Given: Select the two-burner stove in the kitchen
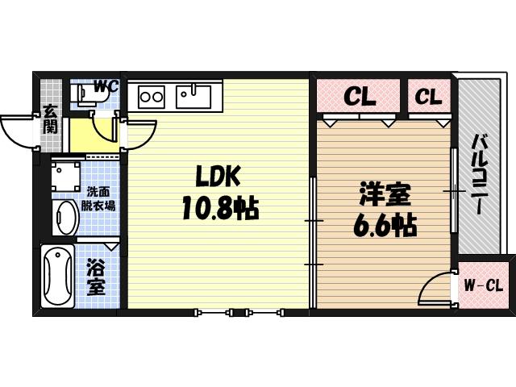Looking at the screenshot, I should [x=150, y=98].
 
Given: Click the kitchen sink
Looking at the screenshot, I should [x=193, y=97].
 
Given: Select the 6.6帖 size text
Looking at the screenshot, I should [x=384, y=227].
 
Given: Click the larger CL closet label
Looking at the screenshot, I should [x=360, y=97].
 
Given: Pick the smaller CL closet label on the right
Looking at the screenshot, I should [x=428, y=97].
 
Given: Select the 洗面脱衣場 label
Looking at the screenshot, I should [x=100, y=199].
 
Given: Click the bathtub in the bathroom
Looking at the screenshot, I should [x=57, y=277].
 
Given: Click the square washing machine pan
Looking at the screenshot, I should [x=64, y=175].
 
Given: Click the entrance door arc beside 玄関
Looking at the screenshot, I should [x=18, y=129].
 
